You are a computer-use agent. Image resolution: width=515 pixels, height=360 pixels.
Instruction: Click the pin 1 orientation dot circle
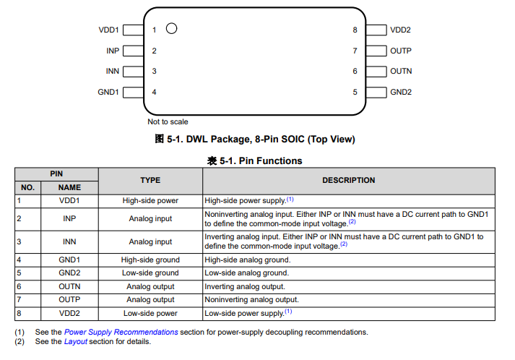171,29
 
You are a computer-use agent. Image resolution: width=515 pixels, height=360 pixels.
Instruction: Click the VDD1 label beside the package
109,30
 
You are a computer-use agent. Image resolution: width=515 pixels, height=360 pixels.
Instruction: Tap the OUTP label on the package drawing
401,51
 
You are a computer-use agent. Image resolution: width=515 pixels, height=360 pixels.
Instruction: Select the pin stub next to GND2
376,93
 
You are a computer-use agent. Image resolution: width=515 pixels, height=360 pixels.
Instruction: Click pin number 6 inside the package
355,72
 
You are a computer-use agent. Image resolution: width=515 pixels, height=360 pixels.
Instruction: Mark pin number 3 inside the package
154,72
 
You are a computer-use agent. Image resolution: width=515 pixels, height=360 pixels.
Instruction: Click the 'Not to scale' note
168,121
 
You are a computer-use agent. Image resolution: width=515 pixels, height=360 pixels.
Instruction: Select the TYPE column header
150,181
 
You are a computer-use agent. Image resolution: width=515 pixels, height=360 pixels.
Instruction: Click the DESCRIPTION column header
349,181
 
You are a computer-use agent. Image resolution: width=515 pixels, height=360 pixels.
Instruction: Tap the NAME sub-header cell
69,187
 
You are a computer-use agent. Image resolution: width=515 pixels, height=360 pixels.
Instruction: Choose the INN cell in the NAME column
69,241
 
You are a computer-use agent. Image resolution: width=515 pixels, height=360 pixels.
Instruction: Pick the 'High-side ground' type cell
150,260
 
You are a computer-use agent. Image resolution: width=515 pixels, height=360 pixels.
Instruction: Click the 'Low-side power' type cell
150,313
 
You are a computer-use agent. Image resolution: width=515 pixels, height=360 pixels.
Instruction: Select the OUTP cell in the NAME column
69,300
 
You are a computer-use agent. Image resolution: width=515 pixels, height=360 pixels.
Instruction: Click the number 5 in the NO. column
19,273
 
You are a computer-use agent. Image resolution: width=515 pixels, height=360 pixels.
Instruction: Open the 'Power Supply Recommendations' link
121,332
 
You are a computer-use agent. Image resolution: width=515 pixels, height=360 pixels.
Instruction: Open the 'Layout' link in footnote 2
75,341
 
